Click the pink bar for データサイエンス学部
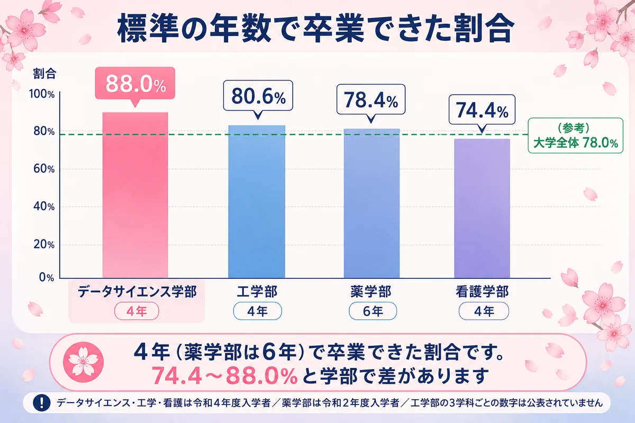coord(135,195)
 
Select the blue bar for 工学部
coord(257,202)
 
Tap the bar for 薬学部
coord(371,204)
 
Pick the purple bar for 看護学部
coord(482,208)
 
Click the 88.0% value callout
coord(135,84)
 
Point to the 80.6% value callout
coord(258,96)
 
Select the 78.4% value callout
coord(371,100)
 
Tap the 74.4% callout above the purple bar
coord(482,111)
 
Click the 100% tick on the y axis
coord(42,94)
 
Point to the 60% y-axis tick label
coord(44,169)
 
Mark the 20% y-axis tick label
coord(44,244)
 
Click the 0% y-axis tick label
coord(47,277)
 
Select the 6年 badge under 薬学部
coord(373,311)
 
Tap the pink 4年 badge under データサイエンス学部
coord(137,311)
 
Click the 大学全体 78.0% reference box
coord(576,136)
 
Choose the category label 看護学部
coord(482,291)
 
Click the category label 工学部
coord(257,291)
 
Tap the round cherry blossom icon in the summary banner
coord(84,362)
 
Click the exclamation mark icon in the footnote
coord(42,402)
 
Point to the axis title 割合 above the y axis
coord(44,73)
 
